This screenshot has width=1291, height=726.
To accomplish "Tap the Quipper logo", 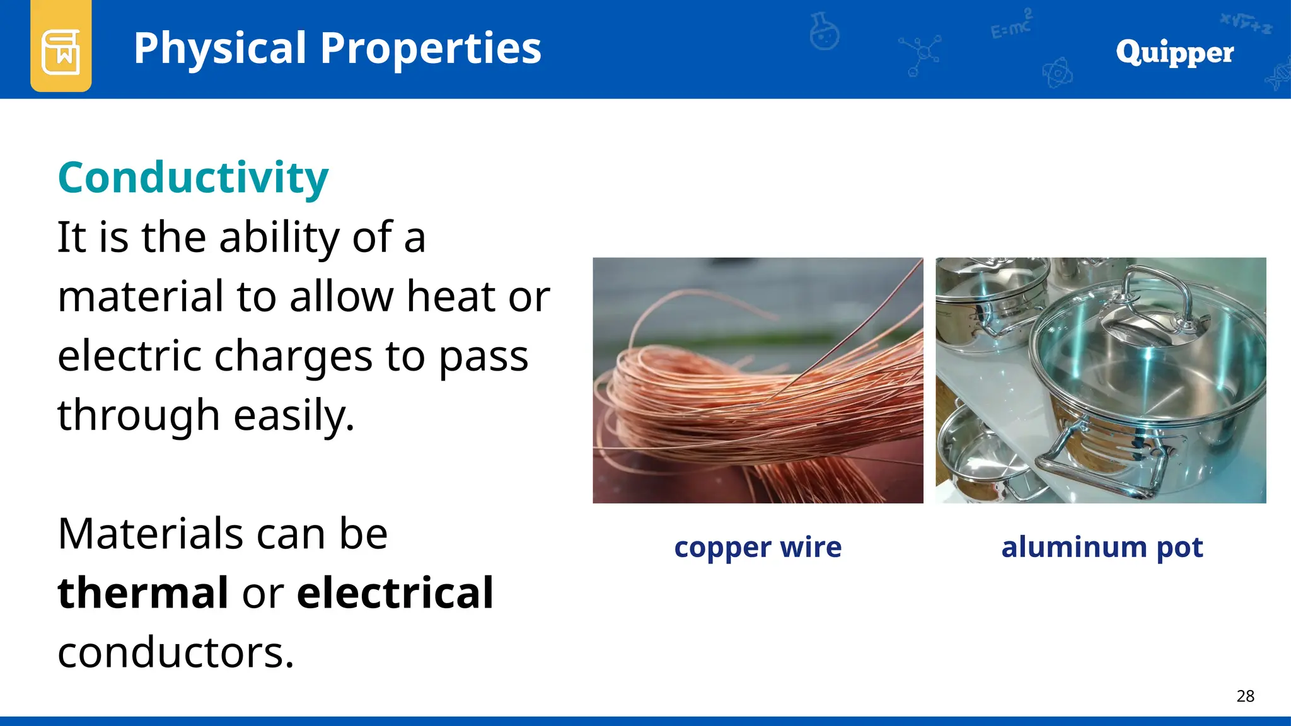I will click(x=1174, y=52).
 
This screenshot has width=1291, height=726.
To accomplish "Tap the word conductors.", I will click(x=176, y=652).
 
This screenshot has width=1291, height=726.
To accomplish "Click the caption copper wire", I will click(x=758, y=547).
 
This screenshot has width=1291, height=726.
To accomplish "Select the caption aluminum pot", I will click(x=1102, y=547).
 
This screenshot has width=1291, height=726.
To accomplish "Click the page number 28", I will click(x=1245, y=696).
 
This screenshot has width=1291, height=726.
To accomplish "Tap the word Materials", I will click(x=149, y=534).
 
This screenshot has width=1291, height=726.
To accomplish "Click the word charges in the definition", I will click(x=294, y=357).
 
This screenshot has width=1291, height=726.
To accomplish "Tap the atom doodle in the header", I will click(x=1057, y=73).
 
